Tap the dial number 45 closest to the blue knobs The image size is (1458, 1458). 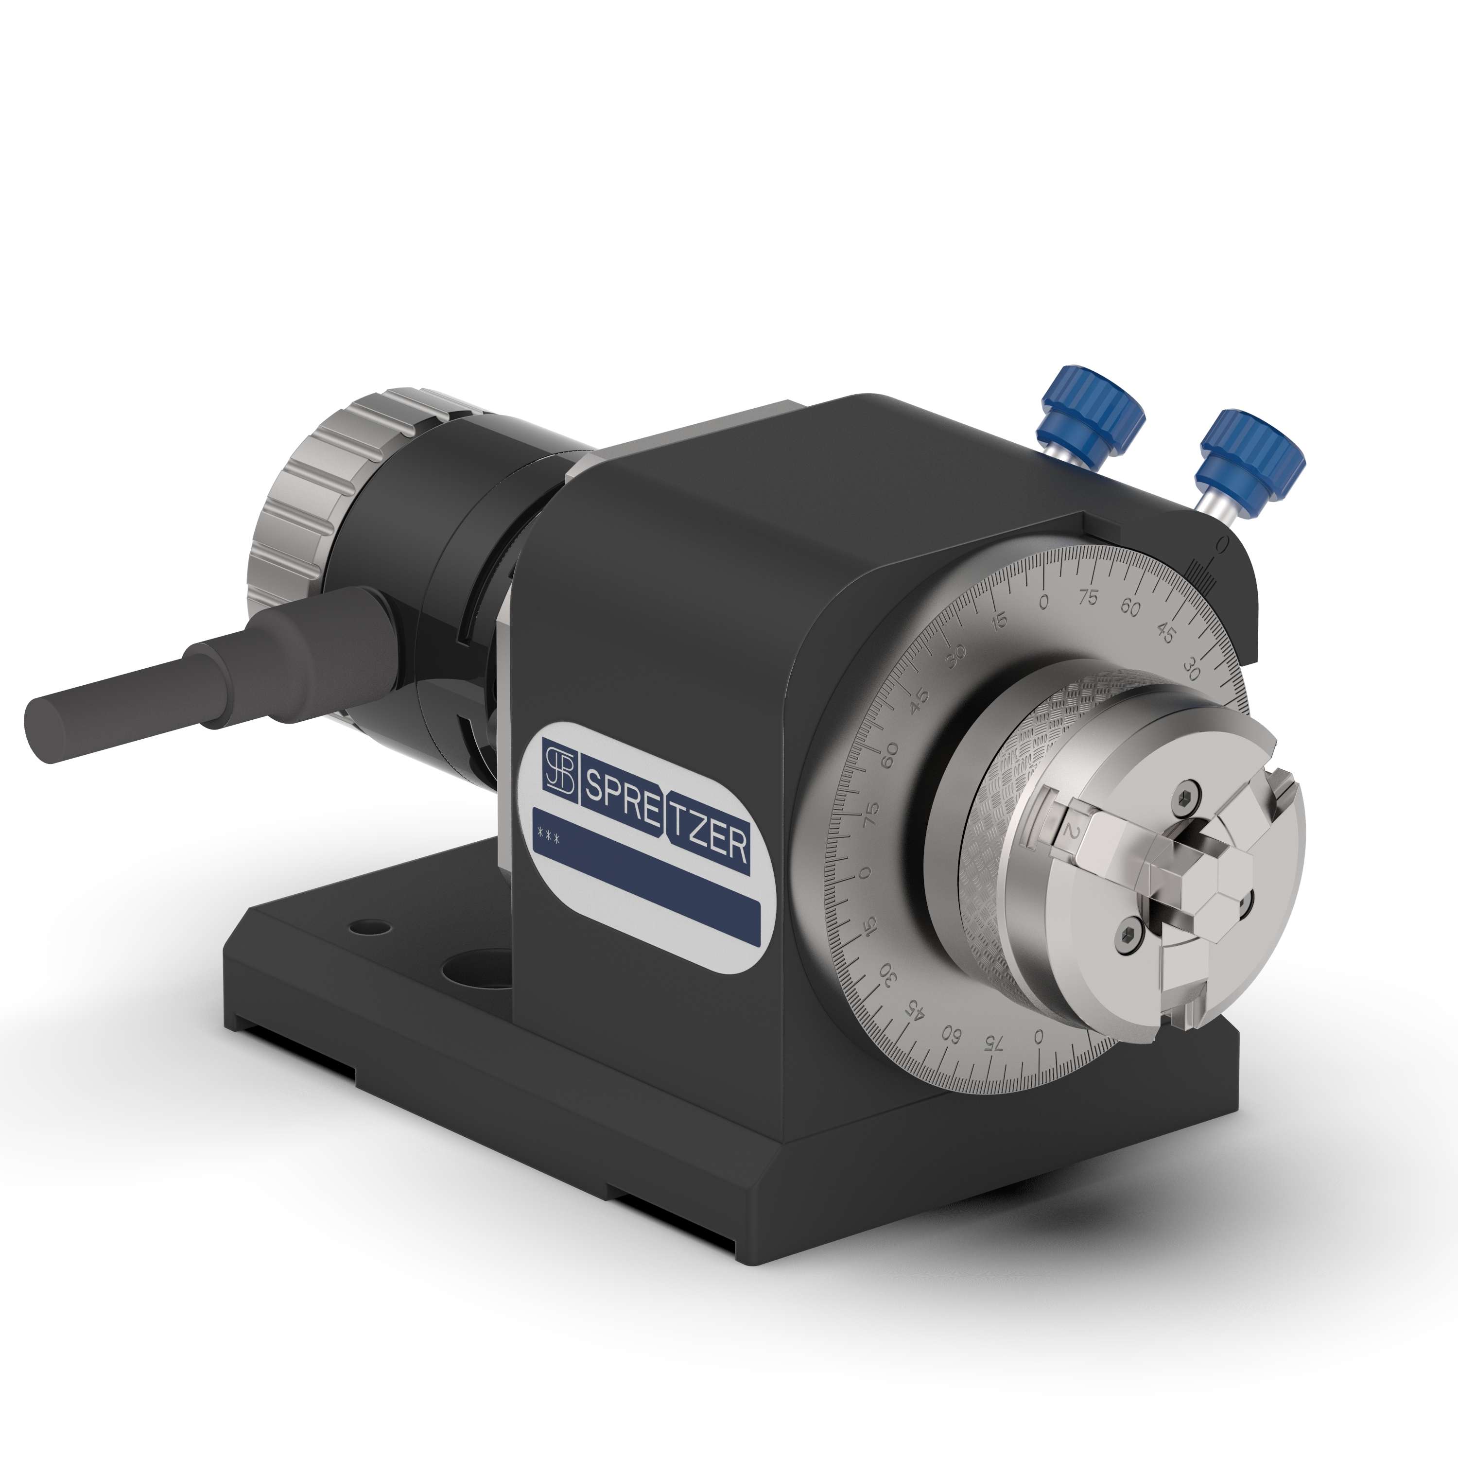(x=1165, y=635)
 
